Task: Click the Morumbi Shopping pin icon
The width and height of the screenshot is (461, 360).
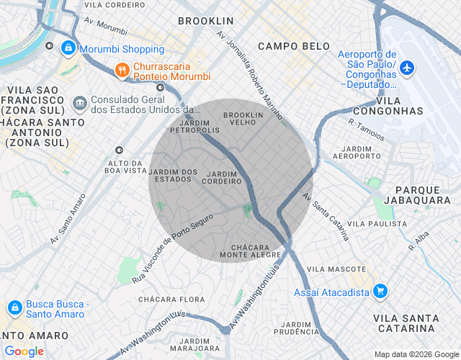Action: tap(67, 48)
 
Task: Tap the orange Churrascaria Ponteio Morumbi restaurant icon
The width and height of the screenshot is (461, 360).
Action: tap(122, 70)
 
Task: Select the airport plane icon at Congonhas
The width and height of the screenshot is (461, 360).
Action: tap(408, 68)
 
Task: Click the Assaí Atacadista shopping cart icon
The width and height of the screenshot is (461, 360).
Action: tap(380, 292)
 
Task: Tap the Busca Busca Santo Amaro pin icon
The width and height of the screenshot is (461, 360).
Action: tap(14, 307)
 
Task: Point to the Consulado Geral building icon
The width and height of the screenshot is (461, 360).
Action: tap(79, 103)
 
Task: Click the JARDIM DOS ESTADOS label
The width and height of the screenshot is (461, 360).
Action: tap(173, 175)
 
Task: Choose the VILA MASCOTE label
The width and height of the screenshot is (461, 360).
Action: tap(332, 269)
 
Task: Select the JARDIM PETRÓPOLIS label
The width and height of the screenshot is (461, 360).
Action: tap(194, 127)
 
